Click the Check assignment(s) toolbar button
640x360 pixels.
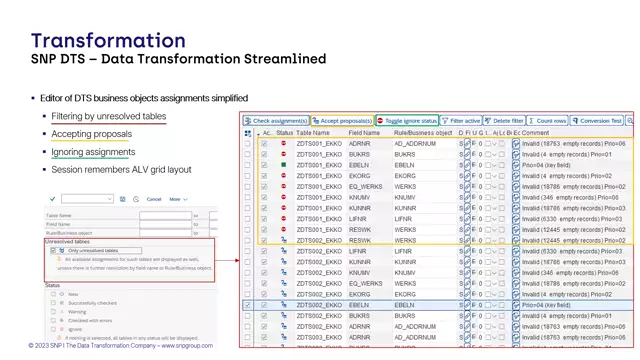coord(276,120)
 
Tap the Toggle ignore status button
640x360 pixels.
coord(407,120)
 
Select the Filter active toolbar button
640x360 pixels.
coord(461,120)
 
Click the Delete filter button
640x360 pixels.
coord(505,120)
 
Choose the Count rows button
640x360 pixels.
coord(548,120)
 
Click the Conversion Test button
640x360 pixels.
coord(597,120)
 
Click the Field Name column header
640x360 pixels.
coord(364,132)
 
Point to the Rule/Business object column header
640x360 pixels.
coord(422,132)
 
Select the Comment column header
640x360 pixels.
coord(535,132)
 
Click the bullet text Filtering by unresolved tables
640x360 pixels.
coord(109,117)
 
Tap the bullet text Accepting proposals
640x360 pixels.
coord(91,134)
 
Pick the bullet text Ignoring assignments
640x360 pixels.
coord(93,152)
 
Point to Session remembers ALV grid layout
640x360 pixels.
coord(121,170)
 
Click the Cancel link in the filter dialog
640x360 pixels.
coord(154,199)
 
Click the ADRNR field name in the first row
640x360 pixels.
coord(359,144)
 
